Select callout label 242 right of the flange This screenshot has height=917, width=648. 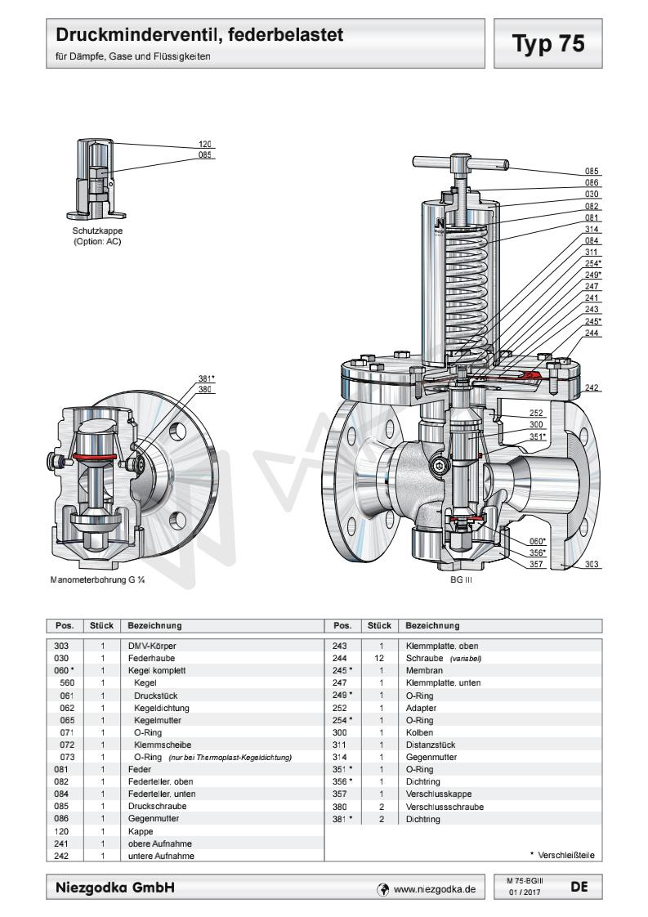pyautogui.click(x=592, y=388)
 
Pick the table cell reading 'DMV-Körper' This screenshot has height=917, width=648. pyautogui.click(x=145, y=646)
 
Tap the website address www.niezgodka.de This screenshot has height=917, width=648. pyautogui.click(x=434, y=886)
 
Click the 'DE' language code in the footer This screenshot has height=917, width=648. pyautogui.click(x=579, y=885)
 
